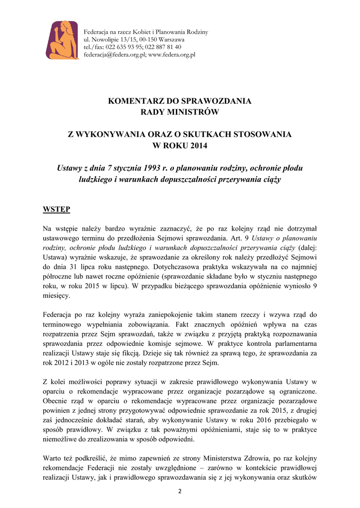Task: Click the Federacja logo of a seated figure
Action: (63, 40)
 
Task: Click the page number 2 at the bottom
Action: (180, 491)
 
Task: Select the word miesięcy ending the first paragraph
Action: (57, 296)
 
